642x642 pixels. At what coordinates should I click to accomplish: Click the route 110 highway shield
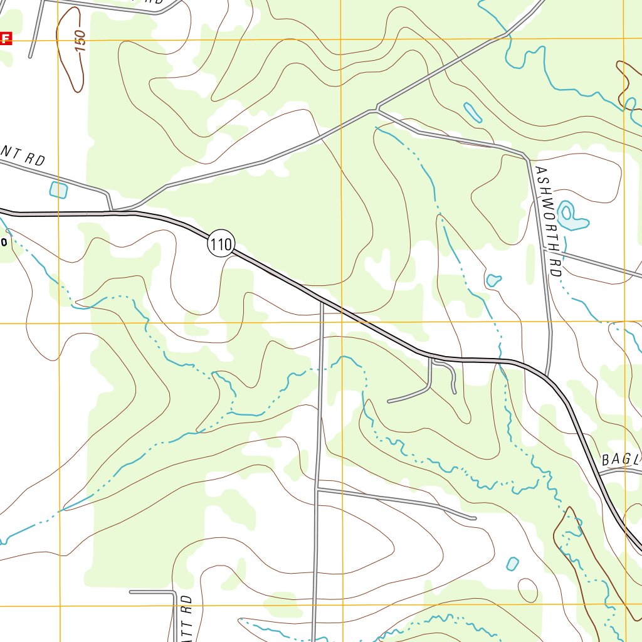coord(221,245)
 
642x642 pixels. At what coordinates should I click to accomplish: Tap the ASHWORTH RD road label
coord(546,213)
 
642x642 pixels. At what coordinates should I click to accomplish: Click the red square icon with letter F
coord(6,39)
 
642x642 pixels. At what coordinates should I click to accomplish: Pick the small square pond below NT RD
coord(58,189)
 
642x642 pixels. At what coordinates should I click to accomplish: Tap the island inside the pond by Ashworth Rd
coord(567,213)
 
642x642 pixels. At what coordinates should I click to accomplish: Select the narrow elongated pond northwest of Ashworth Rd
coord(472,112)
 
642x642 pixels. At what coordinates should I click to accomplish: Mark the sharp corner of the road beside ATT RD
coord(175,592)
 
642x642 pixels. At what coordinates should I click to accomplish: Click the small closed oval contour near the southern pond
coord(527,589)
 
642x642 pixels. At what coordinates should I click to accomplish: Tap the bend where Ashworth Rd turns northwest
coord(525,154)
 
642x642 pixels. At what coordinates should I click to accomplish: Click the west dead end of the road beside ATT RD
coord(130,591)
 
